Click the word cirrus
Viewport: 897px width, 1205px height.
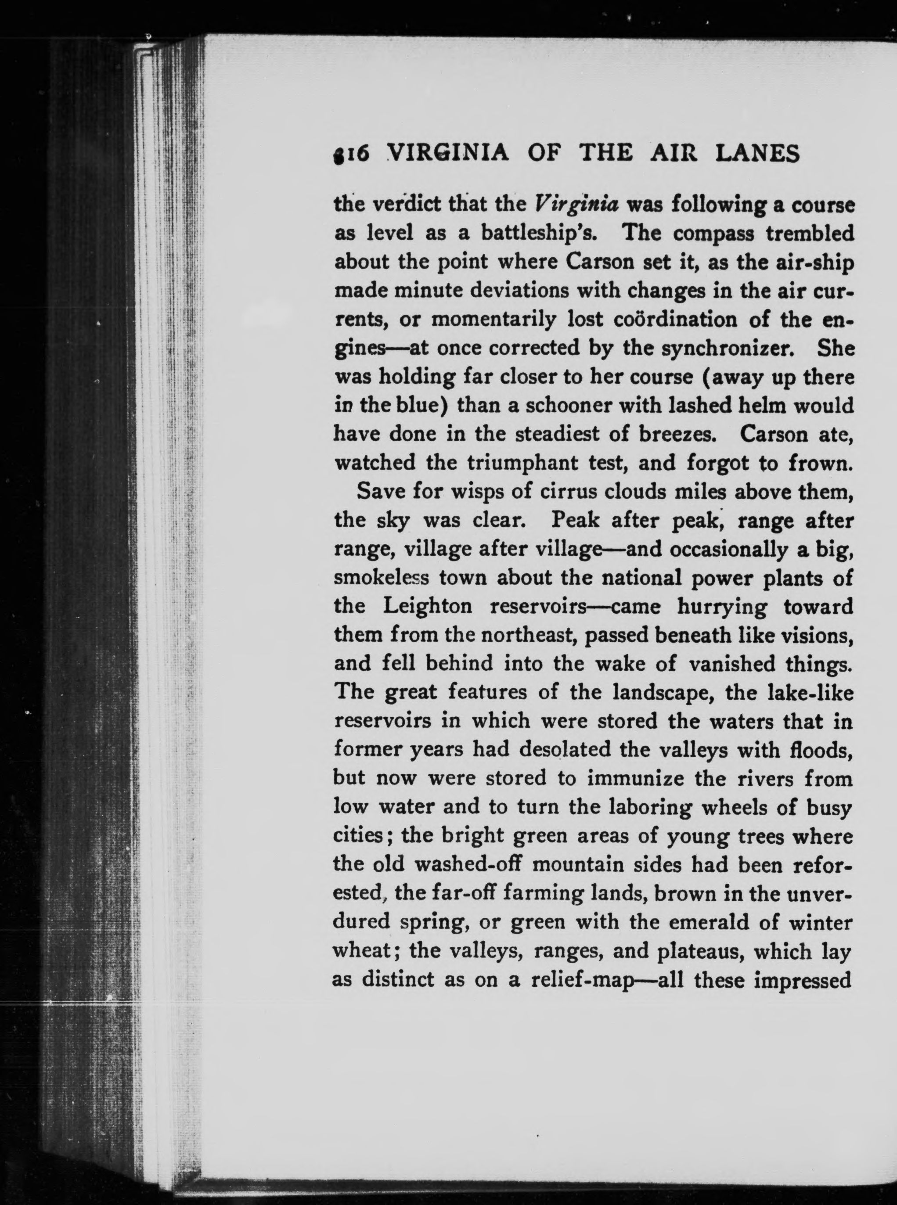tap(569, 492)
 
